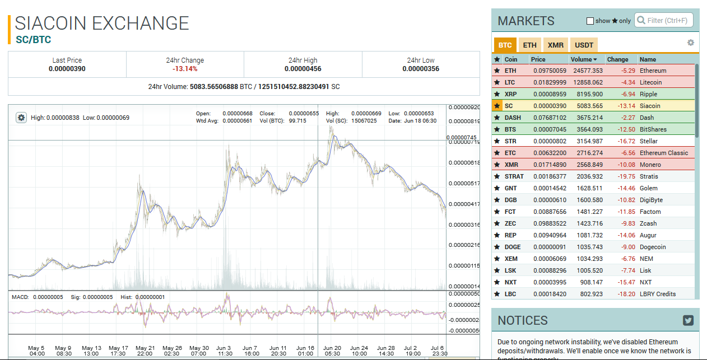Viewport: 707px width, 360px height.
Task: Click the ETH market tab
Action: coord(529,45)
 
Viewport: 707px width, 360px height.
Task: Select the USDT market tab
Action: coord(584,45)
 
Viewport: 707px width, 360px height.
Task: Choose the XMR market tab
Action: coord(556,45)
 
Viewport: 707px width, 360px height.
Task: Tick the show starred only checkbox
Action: coord(590,21)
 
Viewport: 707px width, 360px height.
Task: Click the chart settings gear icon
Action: coord(21,118)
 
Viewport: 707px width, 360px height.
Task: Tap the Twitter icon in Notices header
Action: coord(689,320)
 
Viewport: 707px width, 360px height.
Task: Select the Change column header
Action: coord(618,59)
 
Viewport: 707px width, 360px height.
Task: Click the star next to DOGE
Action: coord(497,247)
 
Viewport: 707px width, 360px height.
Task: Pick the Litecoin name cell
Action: coord(650,82)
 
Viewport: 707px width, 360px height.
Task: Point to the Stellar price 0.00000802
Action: coord(550,141)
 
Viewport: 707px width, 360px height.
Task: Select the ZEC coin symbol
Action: coord(510,223)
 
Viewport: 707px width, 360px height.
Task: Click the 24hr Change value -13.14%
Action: coord(185,69)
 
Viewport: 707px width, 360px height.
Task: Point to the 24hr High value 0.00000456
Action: coord(303,69)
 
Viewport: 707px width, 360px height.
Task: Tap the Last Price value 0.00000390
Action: coord(67,69)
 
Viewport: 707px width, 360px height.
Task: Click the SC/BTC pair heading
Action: coord(33,40)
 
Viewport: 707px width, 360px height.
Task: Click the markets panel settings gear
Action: coord(691,43)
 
